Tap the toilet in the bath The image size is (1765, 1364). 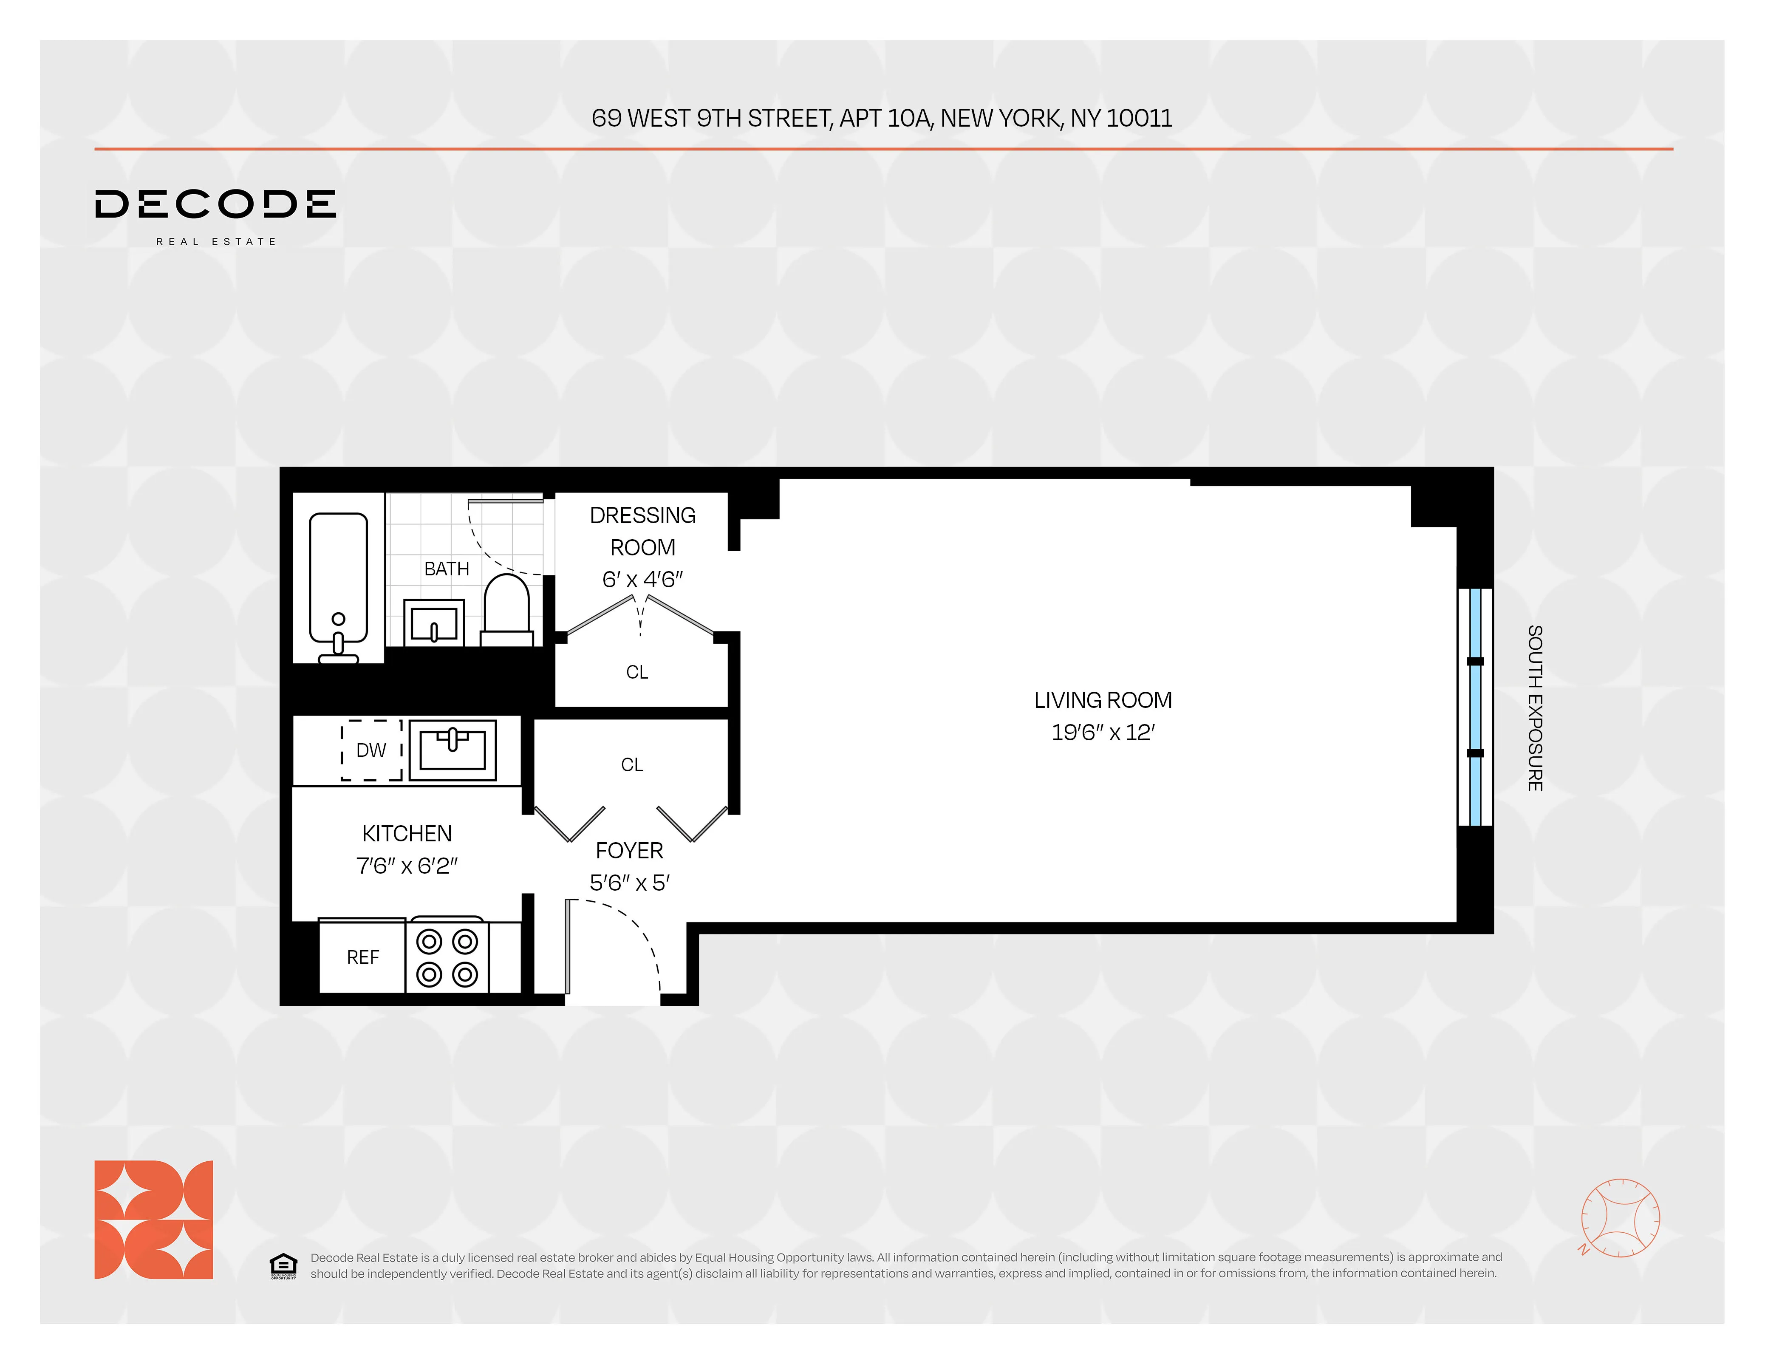[507, 610]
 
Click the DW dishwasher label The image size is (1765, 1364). [371, 750]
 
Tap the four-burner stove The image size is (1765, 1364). [447, 957]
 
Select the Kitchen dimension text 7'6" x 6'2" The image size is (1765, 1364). [407, 866]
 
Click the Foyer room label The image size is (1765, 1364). [629, 850]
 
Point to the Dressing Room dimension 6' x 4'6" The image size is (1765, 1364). [642, 579]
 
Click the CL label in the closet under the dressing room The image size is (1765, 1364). [637, 671]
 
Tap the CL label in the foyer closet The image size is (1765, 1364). [632, 764]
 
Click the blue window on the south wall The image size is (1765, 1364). [1475, 707]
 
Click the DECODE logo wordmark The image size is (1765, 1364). [215, 204]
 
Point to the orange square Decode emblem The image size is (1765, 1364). [153, 1220]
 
